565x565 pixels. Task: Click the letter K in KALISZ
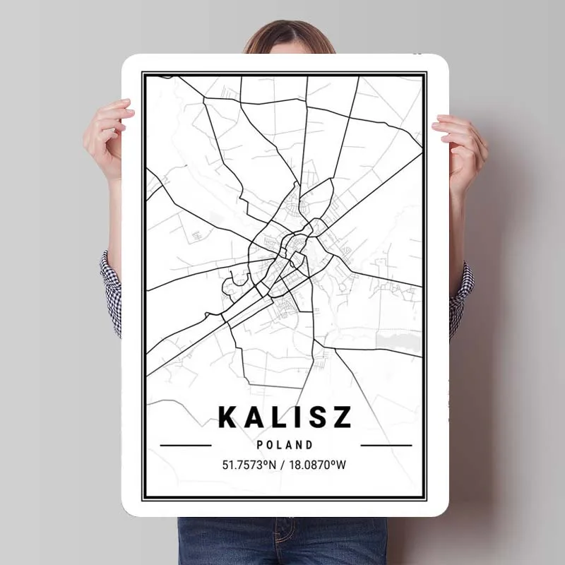point(229,417)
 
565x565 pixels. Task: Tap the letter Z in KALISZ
point(341,417)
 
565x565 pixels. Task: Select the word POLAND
point(285,445)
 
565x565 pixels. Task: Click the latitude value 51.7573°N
point(251,465)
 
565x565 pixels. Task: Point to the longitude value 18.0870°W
point(320,465)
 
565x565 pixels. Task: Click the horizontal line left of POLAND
point(186,446)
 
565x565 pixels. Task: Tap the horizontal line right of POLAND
point(386,446)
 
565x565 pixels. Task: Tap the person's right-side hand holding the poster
point(460,148)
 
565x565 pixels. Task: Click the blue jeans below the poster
point(282,540)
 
